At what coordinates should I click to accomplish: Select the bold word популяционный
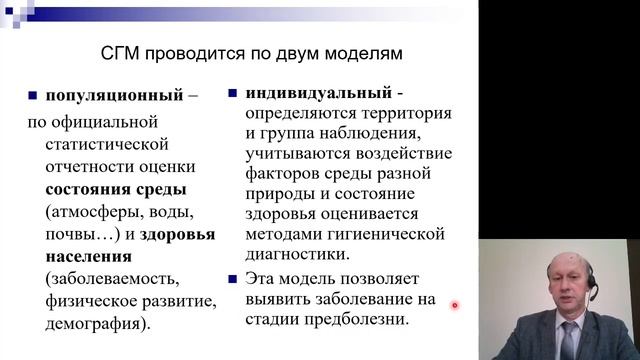(x=108, y=98)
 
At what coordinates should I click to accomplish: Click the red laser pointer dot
(x=454, y=306)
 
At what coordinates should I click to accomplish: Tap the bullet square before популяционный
(x=34, y=98)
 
